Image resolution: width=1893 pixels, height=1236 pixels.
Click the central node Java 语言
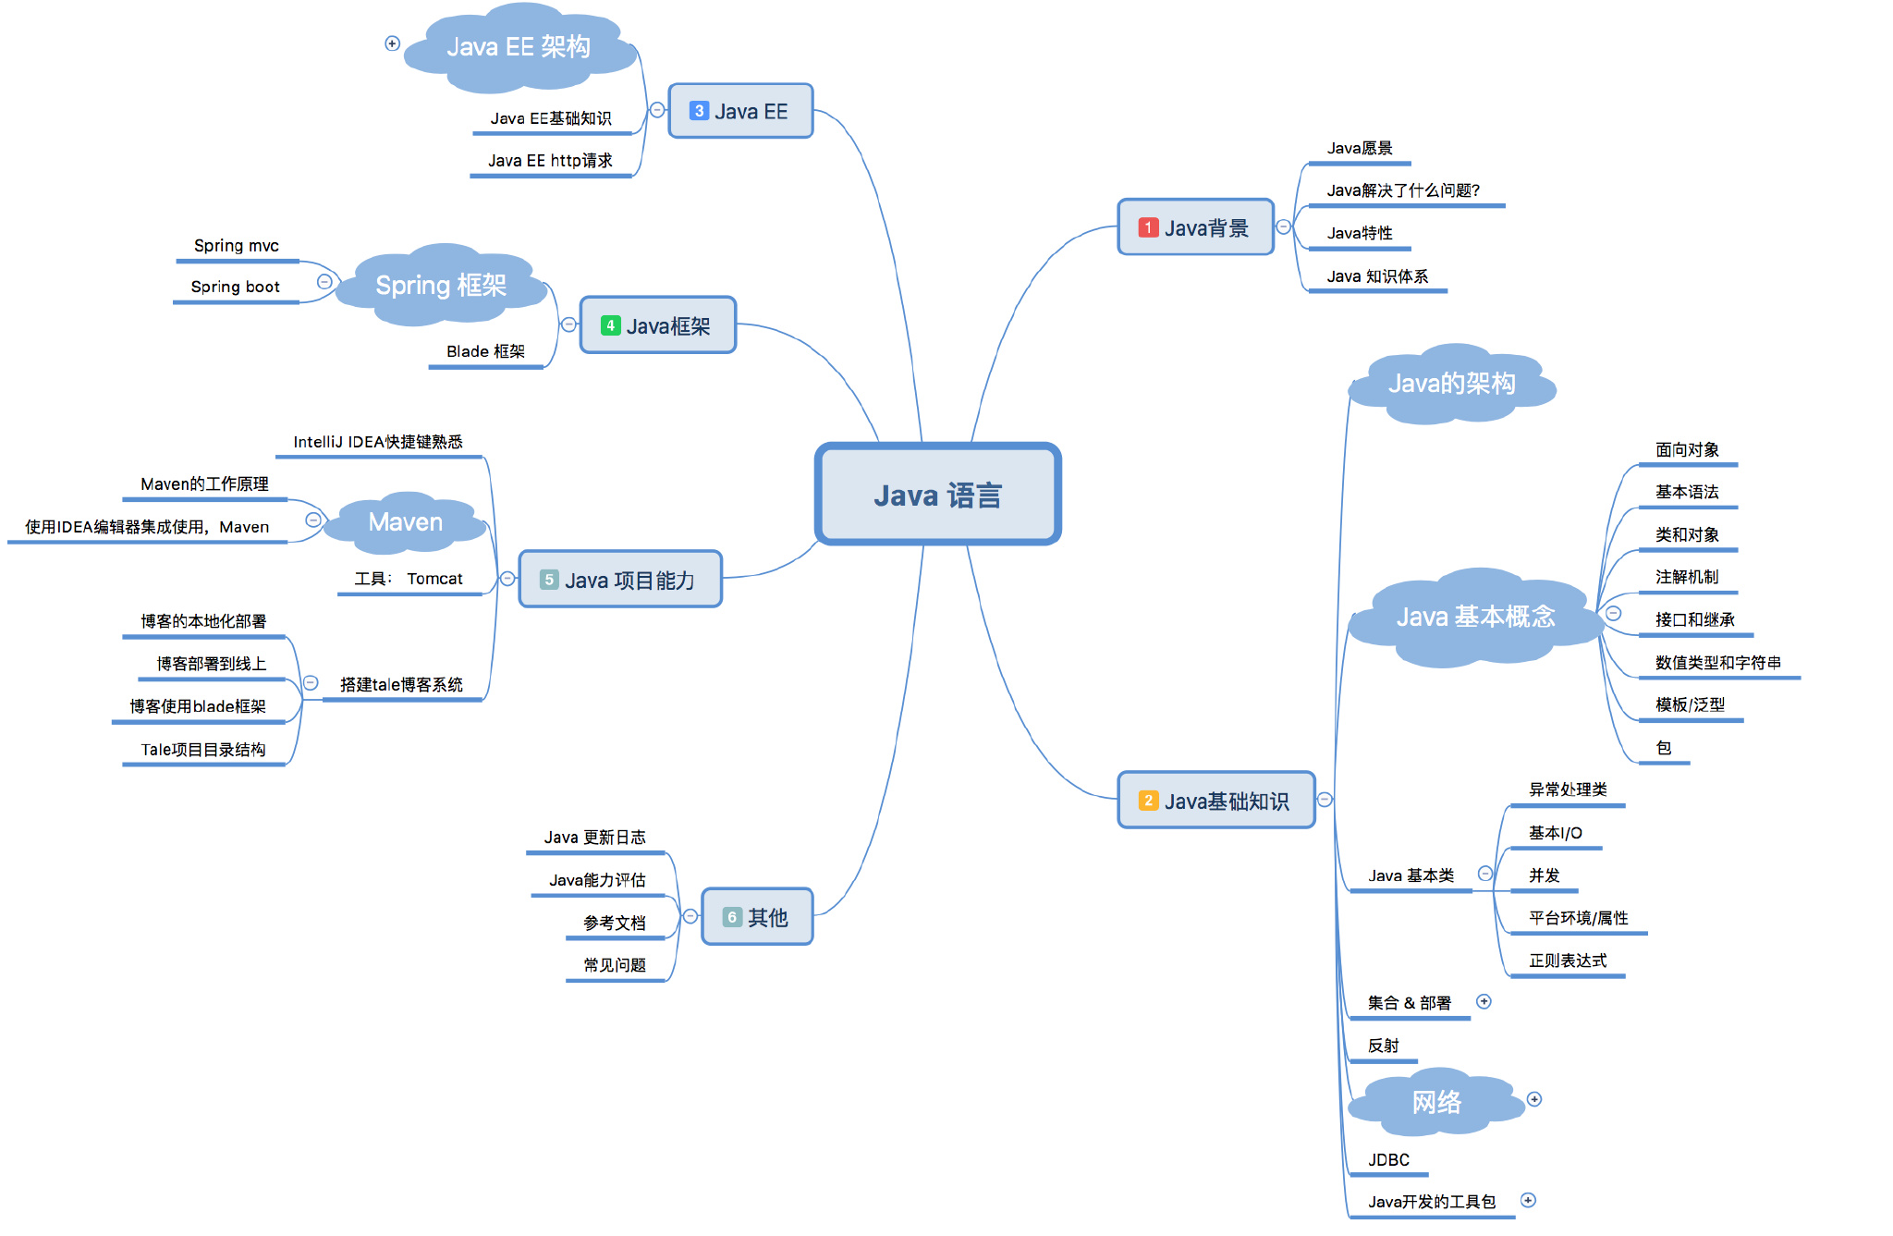pyautogui.click(x=937, y=495)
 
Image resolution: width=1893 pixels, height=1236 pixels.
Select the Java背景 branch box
pyautogui.click(x=1195, y=227)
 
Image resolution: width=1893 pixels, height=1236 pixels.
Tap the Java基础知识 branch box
pyautogui.click(x=1215, y=801)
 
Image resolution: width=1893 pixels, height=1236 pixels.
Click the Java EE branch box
pyautogui.click(x=740, y=112)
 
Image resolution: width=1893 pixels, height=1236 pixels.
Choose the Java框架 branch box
pyautogui.click(x=657, y=325)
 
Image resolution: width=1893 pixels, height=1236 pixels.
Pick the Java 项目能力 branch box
pyautogui.click(x=620, y=580)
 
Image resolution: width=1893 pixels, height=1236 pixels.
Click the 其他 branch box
pyautogui.click(x=757, y=917)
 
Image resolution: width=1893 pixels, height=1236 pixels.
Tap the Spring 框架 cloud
pyautogui.click(x=441, y=286)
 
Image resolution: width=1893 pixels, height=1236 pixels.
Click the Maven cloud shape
pyautogui.click(x=406, y=522)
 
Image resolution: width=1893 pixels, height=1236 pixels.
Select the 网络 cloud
pyautogui.click(x=1436, y=1102)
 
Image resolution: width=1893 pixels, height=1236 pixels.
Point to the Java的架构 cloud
pyautogui.click(x=1451, y=384)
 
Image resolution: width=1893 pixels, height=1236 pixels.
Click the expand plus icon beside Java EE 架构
pyautogui.click(x=392, y=43)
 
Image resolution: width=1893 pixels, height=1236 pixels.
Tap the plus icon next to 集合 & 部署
pyautogui.click(x=1484, y=1002)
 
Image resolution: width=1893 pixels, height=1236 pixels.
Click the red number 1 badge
pyautogui.click(x=1148, y=227)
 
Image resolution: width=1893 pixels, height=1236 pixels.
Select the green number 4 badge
pyautogui.click(x=610, y=325)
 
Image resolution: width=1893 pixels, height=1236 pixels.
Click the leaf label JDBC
pyautogui.click(x=1388, y=1160)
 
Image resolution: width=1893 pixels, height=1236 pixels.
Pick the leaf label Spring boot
pyautogui.click(x=235, y=288)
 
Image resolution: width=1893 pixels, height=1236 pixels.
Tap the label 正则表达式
pyautogui.click(x=1568, y=961)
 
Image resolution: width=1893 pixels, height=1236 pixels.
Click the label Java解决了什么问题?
pyautogui.click(x=1403, y=190)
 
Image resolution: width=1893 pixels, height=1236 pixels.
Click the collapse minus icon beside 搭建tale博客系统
pyautogui.click(x=311, y=683)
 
